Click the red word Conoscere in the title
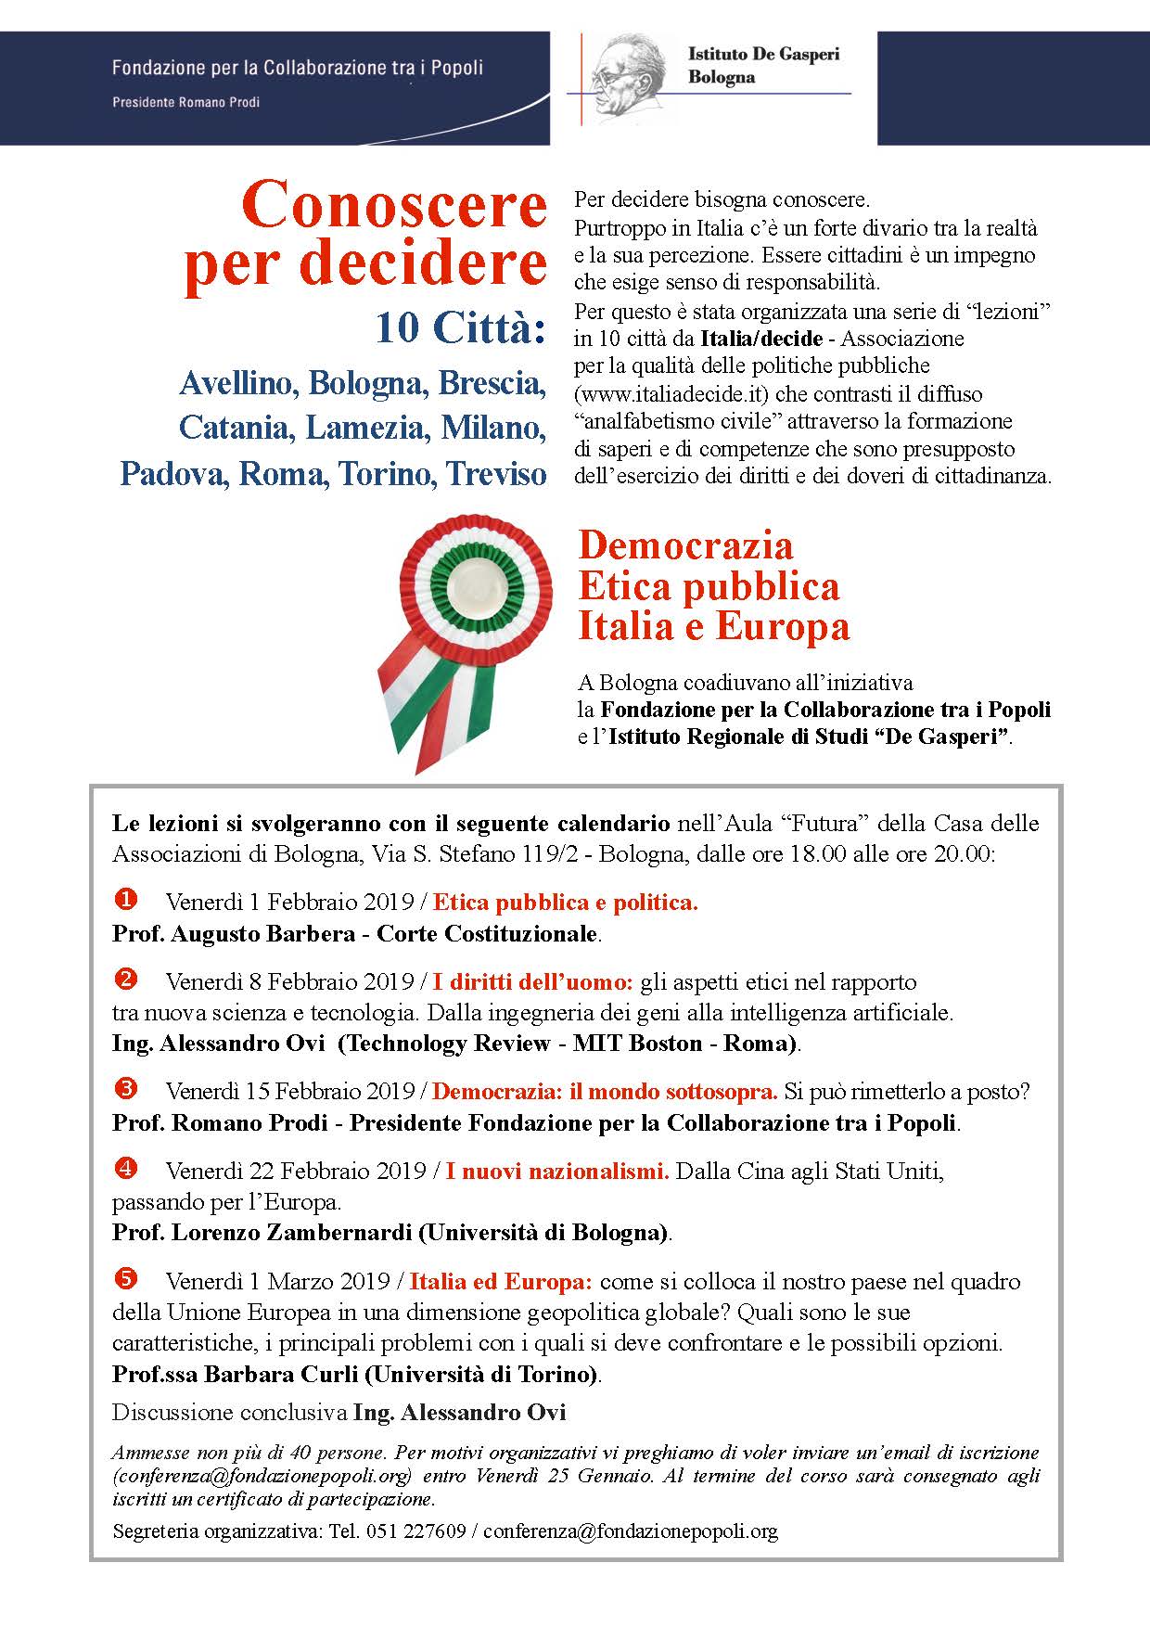tap(394, 206)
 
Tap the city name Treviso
tap(497, 474)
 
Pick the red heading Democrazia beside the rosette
tap(685, 545)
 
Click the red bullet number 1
tap(125, 899)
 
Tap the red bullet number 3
tap(125, 1087)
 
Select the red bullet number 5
tap(125, 1278)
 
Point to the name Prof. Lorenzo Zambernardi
tap(263, 1233)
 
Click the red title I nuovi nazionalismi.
tap(556, 1172)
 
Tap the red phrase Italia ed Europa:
tap(500, 1282)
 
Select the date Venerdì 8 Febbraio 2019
tap(290, 982)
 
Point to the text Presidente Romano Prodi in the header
tap(185, 102)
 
